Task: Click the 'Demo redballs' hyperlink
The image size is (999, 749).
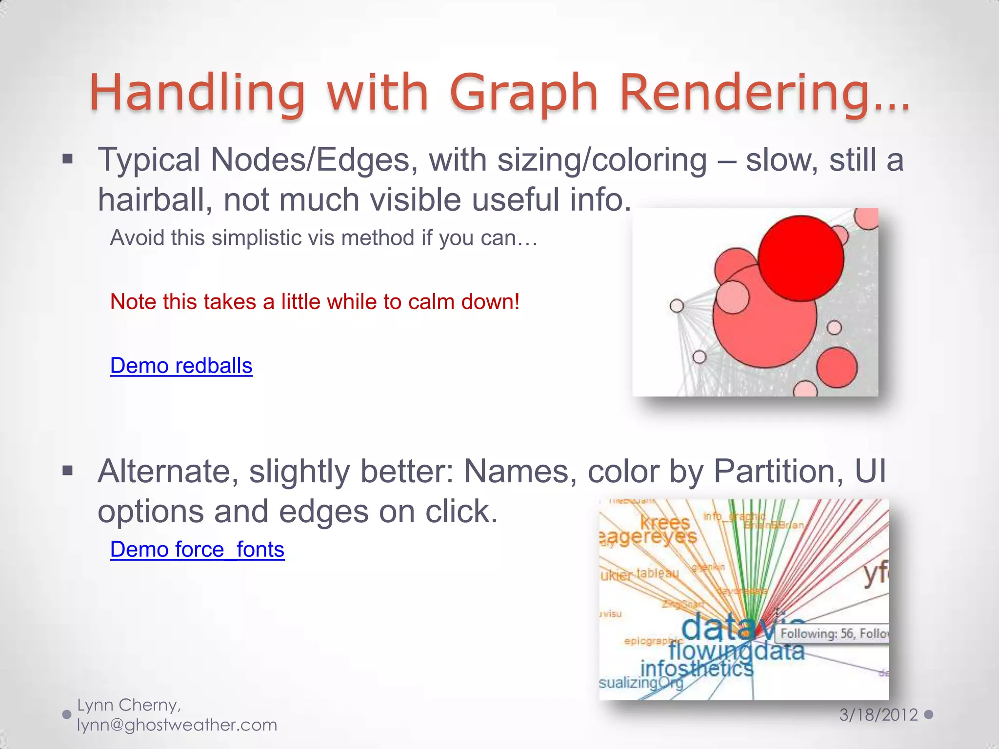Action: pos(181,366)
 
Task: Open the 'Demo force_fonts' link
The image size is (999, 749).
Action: pos(197,550)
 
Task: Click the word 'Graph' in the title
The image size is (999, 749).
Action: pos(523,93)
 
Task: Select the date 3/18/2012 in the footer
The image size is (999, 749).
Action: pos(878,715)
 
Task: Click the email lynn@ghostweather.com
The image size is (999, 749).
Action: pos(177,725)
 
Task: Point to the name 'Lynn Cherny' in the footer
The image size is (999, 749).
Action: pos(129,705)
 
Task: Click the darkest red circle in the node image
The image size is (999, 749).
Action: pos(800,258)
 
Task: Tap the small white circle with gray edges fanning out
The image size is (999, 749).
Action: pos(677,306)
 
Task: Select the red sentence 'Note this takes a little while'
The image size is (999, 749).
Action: pos(315,302)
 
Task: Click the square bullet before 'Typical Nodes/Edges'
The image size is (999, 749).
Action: pos(68,159)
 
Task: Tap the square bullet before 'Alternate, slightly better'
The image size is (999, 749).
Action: pos(68,471)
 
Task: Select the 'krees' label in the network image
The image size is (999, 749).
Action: pos(664,522)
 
